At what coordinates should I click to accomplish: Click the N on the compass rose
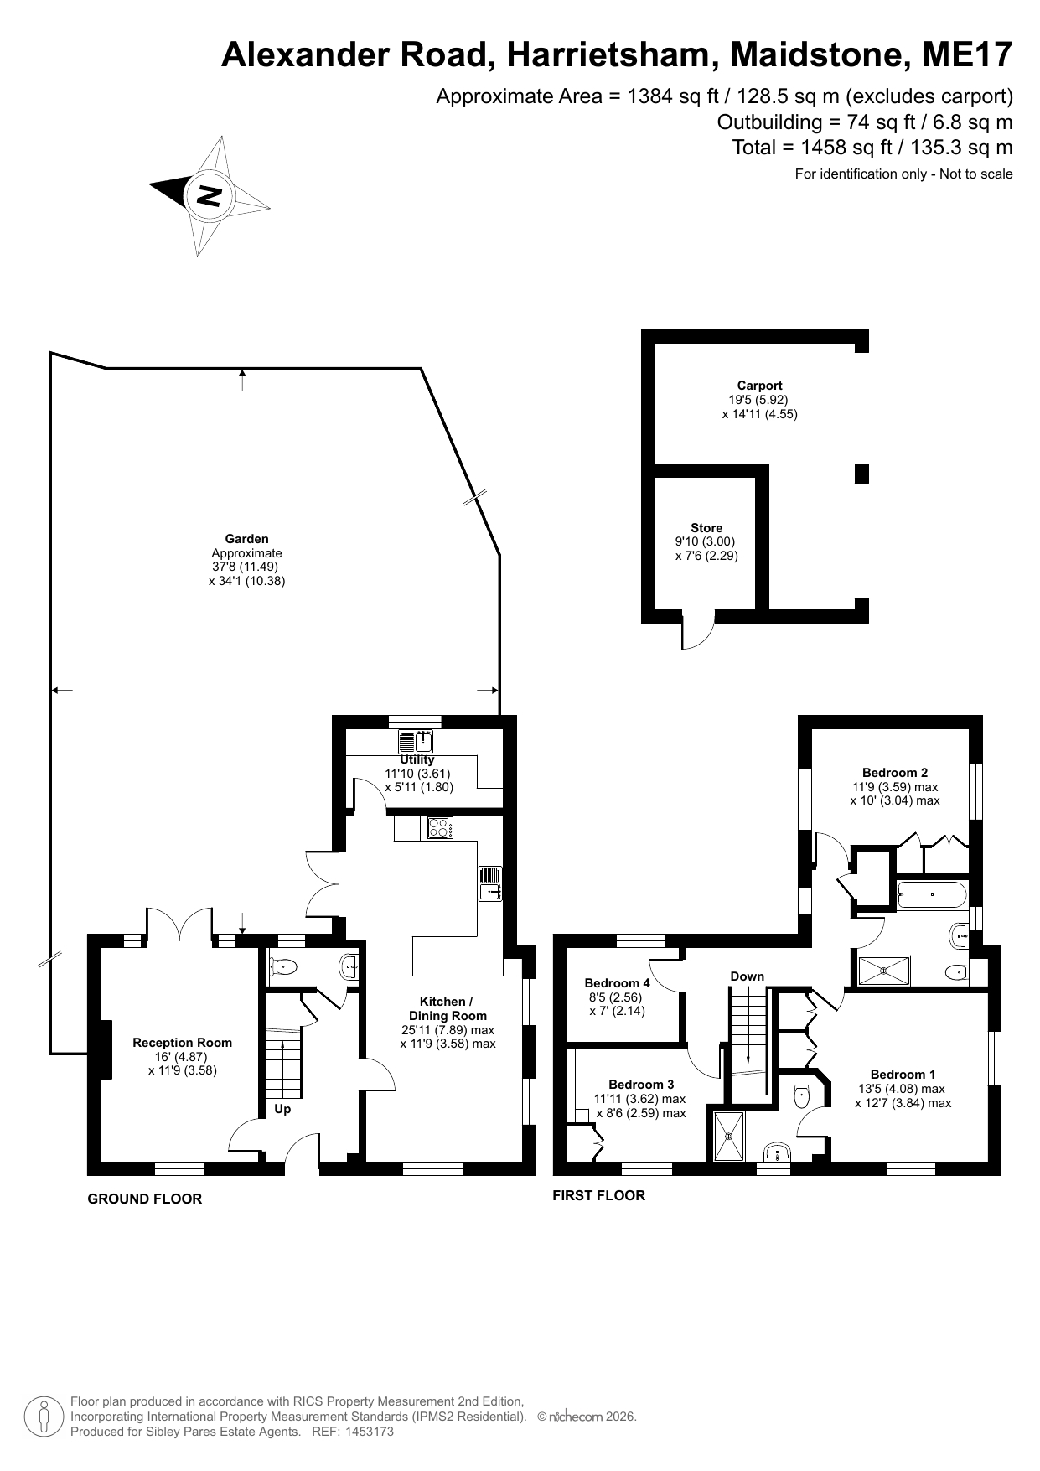pos(209,196)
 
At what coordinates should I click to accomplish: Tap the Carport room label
pos(759,386)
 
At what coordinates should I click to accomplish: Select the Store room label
pos(706,528)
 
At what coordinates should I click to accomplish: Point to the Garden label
pos(246,539)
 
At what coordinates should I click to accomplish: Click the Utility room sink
pos(416,742)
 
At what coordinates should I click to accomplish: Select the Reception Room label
pos(182,1043)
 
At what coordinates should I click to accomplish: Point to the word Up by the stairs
pos(283,1109)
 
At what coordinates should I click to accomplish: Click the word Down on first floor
pos(747,976)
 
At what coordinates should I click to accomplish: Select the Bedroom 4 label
pos(617,983)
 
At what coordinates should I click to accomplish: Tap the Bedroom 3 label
pos(641,1085)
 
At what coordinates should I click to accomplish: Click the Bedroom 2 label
pos(895,773)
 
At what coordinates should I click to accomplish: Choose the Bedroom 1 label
pos(903,1075)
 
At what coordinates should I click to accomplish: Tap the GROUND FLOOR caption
pos(145,1199)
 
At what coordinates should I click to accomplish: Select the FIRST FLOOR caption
pos(598,1195)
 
